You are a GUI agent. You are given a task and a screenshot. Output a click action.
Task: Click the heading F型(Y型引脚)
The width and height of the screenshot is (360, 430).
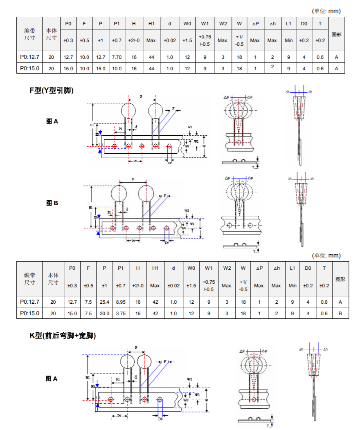(52, 91)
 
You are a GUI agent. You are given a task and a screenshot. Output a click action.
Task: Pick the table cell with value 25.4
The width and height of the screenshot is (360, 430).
(104, 302)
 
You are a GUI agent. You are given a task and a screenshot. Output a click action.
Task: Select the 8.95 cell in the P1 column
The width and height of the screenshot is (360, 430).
(121, 302)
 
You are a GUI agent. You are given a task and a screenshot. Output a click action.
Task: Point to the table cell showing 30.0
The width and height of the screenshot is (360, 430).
(104, 314)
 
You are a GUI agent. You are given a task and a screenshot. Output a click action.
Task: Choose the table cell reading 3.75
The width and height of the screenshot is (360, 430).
(121, 314)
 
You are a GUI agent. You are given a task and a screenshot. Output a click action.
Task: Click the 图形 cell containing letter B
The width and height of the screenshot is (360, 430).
(340, 314)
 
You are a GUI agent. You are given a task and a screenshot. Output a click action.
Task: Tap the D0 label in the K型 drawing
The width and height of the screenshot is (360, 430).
(160, 419)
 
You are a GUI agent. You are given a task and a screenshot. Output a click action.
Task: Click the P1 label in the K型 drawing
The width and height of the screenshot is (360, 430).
(117, 379)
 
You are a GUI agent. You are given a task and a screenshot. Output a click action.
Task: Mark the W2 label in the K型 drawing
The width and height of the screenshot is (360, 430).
(189, 379)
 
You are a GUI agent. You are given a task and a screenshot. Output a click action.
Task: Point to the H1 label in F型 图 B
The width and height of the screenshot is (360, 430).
(91, 208)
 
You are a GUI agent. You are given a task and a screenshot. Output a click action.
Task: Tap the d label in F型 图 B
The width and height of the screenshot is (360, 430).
(127, 209)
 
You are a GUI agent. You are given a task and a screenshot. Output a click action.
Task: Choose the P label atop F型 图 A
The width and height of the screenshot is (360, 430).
(141, 96)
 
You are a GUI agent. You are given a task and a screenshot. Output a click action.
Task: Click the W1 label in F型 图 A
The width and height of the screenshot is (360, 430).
(196, 141)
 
